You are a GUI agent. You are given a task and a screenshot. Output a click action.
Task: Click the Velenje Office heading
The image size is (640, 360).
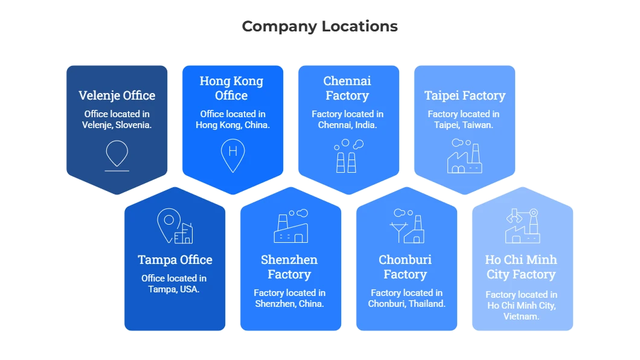[x=117, y=95]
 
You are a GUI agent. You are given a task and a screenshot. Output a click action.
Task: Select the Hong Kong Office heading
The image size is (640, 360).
[x=232, y=88]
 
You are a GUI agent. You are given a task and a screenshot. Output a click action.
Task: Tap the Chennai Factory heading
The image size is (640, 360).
[x=347, y=88]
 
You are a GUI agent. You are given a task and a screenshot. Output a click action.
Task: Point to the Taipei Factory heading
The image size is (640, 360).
[x=464, y=95]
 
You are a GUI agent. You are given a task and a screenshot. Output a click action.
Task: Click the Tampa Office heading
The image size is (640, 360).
[x=174, y=260]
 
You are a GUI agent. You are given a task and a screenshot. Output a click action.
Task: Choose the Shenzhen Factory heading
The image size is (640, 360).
[x=289, y=267]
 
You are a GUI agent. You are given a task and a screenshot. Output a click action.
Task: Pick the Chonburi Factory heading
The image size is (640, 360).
[x=405, y=267]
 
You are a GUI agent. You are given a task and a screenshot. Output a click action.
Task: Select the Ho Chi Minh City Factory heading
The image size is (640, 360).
[x=521, y=267]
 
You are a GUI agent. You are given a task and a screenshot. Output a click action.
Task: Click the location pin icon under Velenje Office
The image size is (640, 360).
[x=117, y=155]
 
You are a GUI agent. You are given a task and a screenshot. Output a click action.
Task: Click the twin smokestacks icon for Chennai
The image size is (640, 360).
[x=347, y=156]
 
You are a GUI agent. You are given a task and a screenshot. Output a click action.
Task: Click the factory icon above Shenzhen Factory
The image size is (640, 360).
[x=290, y=226]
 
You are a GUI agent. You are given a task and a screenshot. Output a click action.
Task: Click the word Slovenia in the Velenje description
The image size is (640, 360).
[x=132, y=125]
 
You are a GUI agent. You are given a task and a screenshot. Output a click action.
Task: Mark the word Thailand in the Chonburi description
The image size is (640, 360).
[x=426, y=304]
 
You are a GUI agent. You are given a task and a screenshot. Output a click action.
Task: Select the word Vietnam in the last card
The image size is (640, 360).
[x=521, y=317]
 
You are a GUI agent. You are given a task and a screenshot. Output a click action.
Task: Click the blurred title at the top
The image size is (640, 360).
[x=320, y=27]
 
